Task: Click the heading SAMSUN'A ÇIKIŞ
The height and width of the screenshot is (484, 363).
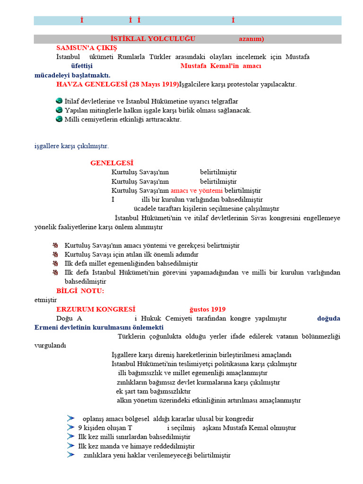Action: coord(86,48)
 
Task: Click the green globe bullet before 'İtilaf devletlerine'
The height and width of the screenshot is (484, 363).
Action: coord(59,101)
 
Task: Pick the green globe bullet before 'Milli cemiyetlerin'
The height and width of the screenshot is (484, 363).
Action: coord(59,119)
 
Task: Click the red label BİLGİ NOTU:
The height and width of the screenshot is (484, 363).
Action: coord(80,290)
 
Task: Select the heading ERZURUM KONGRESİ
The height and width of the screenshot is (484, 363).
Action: coord(95,309)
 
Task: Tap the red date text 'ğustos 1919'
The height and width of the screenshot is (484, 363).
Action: coord(207,309)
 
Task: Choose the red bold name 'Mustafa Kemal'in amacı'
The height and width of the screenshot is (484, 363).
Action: coord(221,66)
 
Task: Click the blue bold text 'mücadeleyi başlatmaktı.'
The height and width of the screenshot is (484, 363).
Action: coord(72,75)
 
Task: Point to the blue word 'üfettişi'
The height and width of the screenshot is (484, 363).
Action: coord(82,66)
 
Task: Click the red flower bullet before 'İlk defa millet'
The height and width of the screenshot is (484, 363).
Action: coord(55,263)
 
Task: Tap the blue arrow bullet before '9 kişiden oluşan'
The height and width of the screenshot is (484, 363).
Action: coord(71,427)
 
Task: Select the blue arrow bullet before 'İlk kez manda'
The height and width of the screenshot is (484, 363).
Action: coord(71,445)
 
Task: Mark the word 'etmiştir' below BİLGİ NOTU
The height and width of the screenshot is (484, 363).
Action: coord(45,299)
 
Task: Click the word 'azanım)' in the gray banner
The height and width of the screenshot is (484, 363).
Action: coord(251,39)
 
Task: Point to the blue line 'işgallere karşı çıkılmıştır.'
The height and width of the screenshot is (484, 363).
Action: coord(72,146)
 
